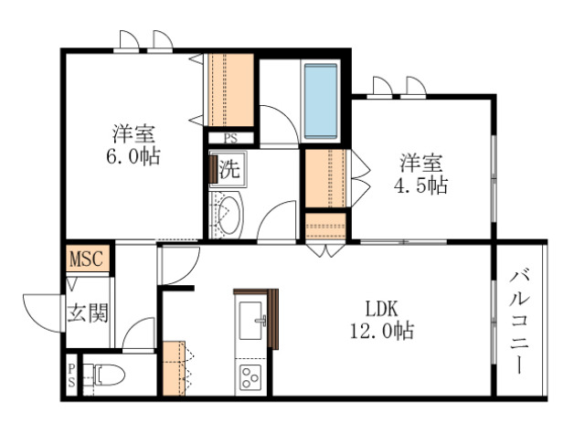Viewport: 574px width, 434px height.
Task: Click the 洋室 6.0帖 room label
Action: click(133, 144)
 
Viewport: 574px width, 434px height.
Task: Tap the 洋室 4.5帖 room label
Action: click(421, 175)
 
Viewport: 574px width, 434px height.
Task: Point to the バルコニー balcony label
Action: click(521, 320)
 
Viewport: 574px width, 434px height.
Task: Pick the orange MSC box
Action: click(88, 259)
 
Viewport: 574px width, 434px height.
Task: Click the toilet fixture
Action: click(108, 375)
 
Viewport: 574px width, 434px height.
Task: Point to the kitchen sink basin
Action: click(250, 321)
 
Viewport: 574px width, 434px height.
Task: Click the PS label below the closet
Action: click(229, 138)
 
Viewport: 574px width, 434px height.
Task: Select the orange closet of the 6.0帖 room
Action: click(229, 90)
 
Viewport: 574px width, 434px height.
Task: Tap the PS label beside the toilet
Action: click(71, 375)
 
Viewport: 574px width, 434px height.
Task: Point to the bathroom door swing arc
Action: click(279, 122)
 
